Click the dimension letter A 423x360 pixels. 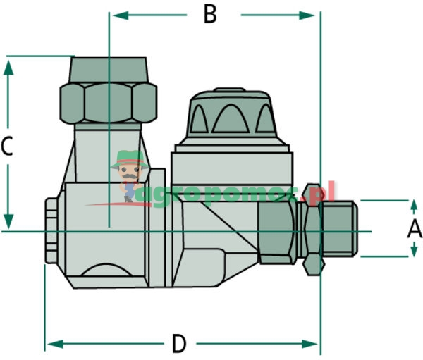pos(415,228)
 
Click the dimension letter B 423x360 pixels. pos(209,15)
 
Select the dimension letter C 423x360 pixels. pos(8,147)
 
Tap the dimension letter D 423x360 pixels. pos(180,344)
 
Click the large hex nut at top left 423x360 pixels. pos(108,101)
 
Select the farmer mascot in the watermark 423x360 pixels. pos(128,173)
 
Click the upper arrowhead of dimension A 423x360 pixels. pos(415,205)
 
